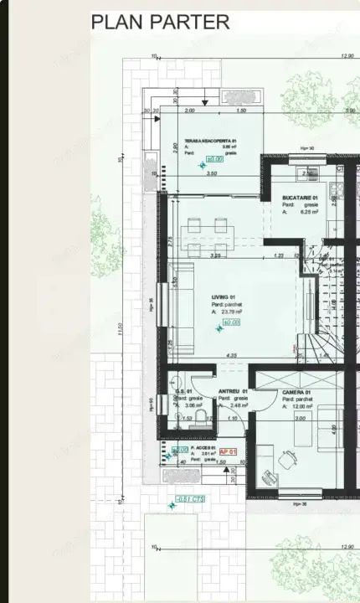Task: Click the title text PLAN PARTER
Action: tap(160, 23)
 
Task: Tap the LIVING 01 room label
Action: tap(223, 296)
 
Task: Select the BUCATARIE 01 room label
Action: tap(298, 198)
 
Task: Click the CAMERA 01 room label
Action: tap(296, 392)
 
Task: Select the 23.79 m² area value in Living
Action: tap(228, 311)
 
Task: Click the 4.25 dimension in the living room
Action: tap(231, 355)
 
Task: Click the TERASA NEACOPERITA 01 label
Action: tap(212, 140)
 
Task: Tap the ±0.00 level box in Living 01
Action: tap(231, 322)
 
